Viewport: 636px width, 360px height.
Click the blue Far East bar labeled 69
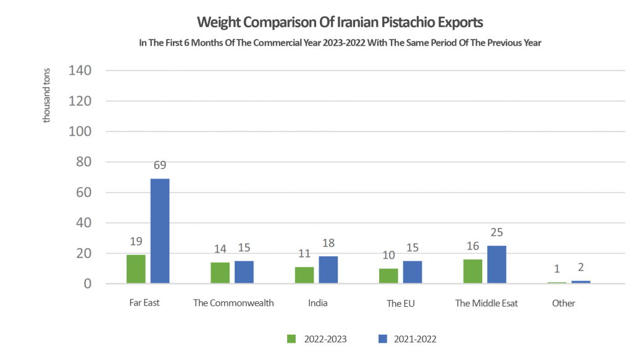[159, 231]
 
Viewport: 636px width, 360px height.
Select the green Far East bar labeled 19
[135, 269]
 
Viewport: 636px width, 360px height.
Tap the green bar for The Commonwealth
[220, 273]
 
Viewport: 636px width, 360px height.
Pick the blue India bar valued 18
[328, 270]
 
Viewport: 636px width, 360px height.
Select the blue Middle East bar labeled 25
[496, 265]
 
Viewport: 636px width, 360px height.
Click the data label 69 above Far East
[160, 166]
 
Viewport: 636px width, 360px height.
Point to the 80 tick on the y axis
[83, 162]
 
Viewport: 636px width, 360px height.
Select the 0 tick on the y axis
[88, 284]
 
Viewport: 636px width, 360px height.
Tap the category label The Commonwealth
[233, 303]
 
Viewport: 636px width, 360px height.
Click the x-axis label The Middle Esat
[486, 303]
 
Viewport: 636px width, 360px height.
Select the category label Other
[563, 303]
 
